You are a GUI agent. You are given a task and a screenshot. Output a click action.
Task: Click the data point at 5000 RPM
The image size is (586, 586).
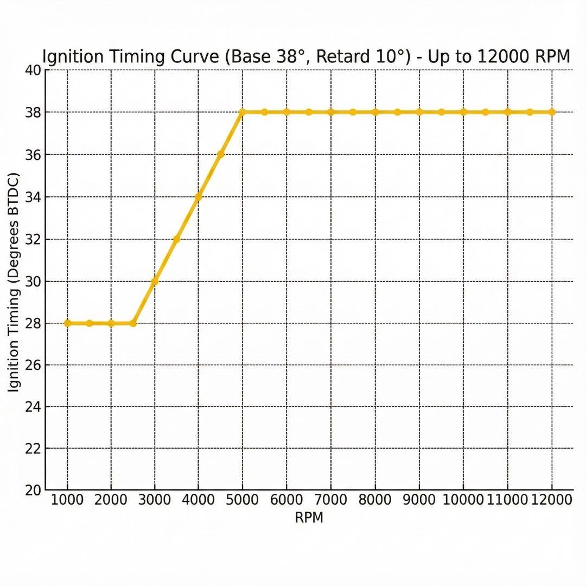(242, 112)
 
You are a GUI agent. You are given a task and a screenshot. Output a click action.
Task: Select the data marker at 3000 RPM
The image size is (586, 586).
(155, 281)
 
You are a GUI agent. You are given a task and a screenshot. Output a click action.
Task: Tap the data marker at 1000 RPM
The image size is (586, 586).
(67, 323)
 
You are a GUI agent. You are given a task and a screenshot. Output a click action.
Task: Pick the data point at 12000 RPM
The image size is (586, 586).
(552, 112)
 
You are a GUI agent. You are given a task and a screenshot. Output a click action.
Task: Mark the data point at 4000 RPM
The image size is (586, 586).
(199, 197)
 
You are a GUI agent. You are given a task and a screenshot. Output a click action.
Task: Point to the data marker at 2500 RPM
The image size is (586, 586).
(133, 323)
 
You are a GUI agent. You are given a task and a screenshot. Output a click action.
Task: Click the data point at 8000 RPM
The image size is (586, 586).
(375, 112)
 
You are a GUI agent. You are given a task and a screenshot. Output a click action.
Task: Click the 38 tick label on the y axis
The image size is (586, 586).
(33, 112)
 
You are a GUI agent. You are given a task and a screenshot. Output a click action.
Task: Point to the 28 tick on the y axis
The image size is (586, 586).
(33, 323)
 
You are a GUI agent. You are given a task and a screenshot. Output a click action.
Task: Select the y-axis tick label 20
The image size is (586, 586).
(33, 491)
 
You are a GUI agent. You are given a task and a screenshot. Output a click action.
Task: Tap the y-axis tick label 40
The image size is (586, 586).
(33, 70)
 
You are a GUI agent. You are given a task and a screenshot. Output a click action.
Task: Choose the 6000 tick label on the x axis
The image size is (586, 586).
(286, 500)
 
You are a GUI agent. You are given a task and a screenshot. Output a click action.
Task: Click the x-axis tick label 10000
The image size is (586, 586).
(463, 500)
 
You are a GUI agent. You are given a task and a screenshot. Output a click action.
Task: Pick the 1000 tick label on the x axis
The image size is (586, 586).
(67, 500)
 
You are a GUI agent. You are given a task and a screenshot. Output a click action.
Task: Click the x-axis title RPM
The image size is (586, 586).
(309, 518)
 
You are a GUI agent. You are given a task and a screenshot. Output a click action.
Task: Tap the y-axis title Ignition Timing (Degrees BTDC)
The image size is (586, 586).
(15, 282)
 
